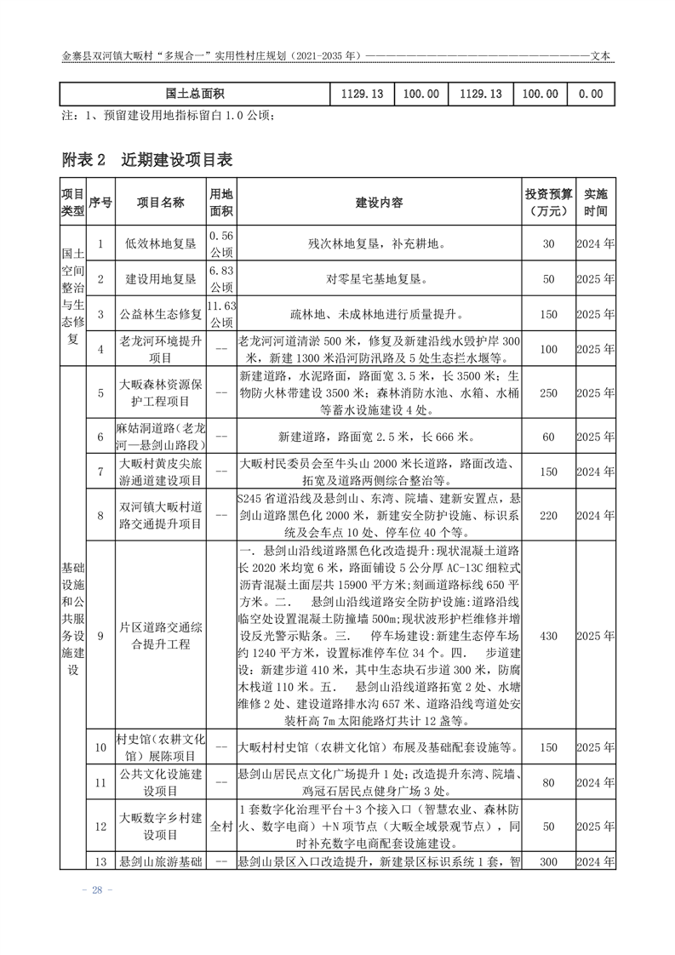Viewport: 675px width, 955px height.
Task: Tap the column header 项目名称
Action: click(161, 203)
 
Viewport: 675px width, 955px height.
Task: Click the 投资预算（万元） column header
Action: click(548, 203)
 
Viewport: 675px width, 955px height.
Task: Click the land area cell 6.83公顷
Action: click(220, 278)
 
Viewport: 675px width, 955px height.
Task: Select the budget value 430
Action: click(548, 635)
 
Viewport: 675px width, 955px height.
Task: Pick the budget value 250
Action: click(548, 392)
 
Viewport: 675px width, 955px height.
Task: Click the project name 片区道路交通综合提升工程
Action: click(161, 635)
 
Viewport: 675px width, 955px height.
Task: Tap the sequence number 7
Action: click(100, 471)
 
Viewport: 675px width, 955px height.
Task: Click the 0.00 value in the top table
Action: click(590, 94)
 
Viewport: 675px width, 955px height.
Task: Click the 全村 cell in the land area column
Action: click(220, 826)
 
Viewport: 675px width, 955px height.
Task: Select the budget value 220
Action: click(548, 515)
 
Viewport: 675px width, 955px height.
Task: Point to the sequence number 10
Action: click(100, 748)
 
